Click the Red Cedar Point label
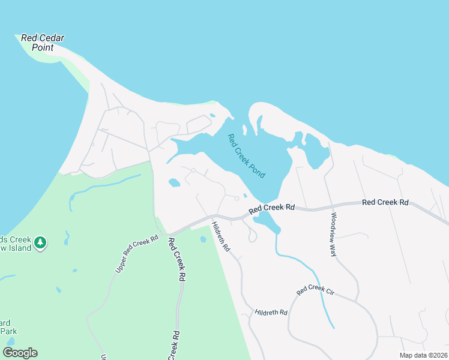coord(42,42)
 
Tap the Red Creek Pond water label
coord(247,155)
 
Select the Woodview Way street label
coord(334,235)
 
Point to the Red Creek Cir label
coord(315,292)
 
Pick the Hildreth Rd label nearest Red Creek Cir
coord(271,313)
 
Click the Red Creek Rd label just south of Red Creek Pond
coord(272,208)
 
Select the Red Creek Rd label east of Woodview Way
coord(385,203)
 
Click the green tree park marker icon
coord(40,242)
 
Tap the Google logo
coord(20,353)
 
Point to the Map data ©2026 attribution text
coord(424,355)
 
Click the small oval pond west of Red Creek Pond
coord(174,182)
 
